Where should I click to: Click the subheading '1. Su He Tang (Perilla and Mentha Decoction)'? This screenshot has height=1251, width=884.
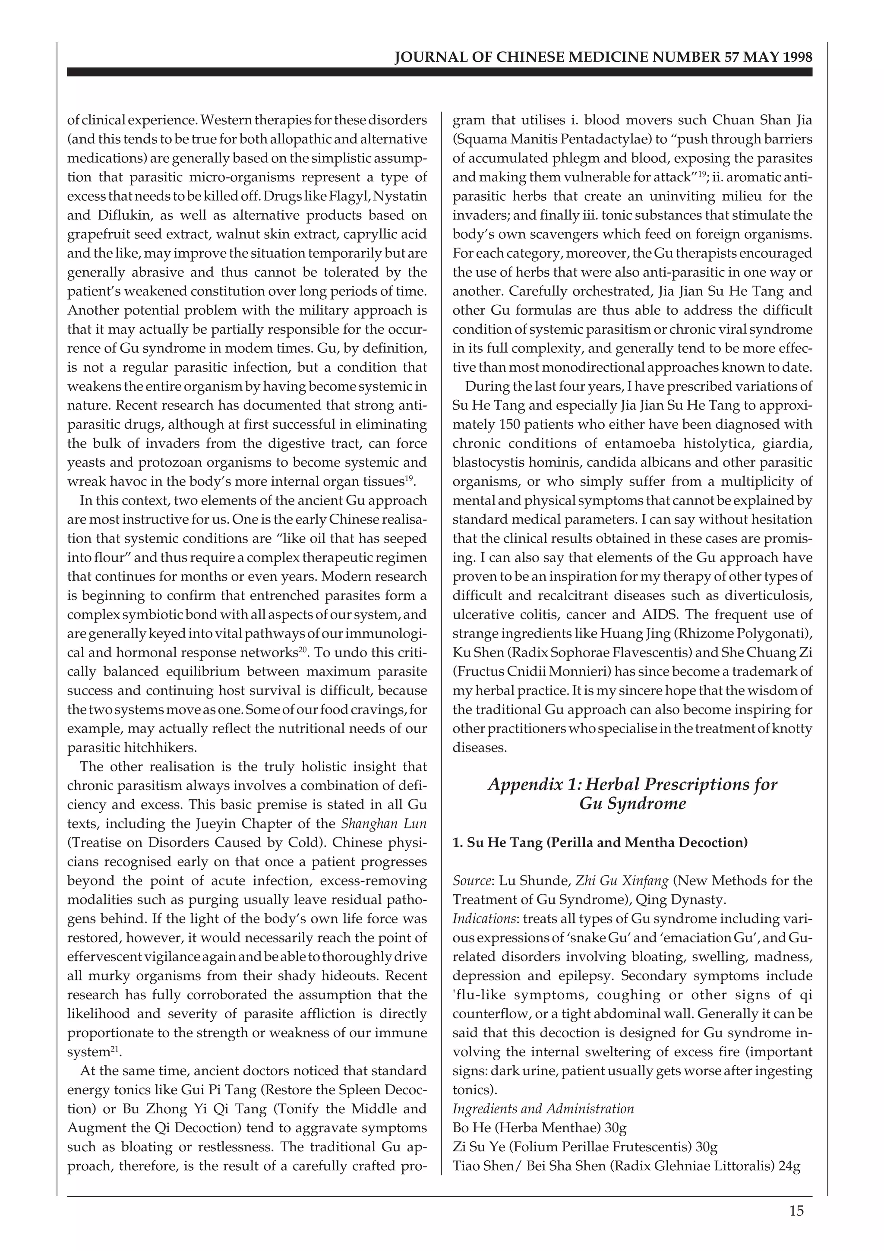[600, 842]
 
